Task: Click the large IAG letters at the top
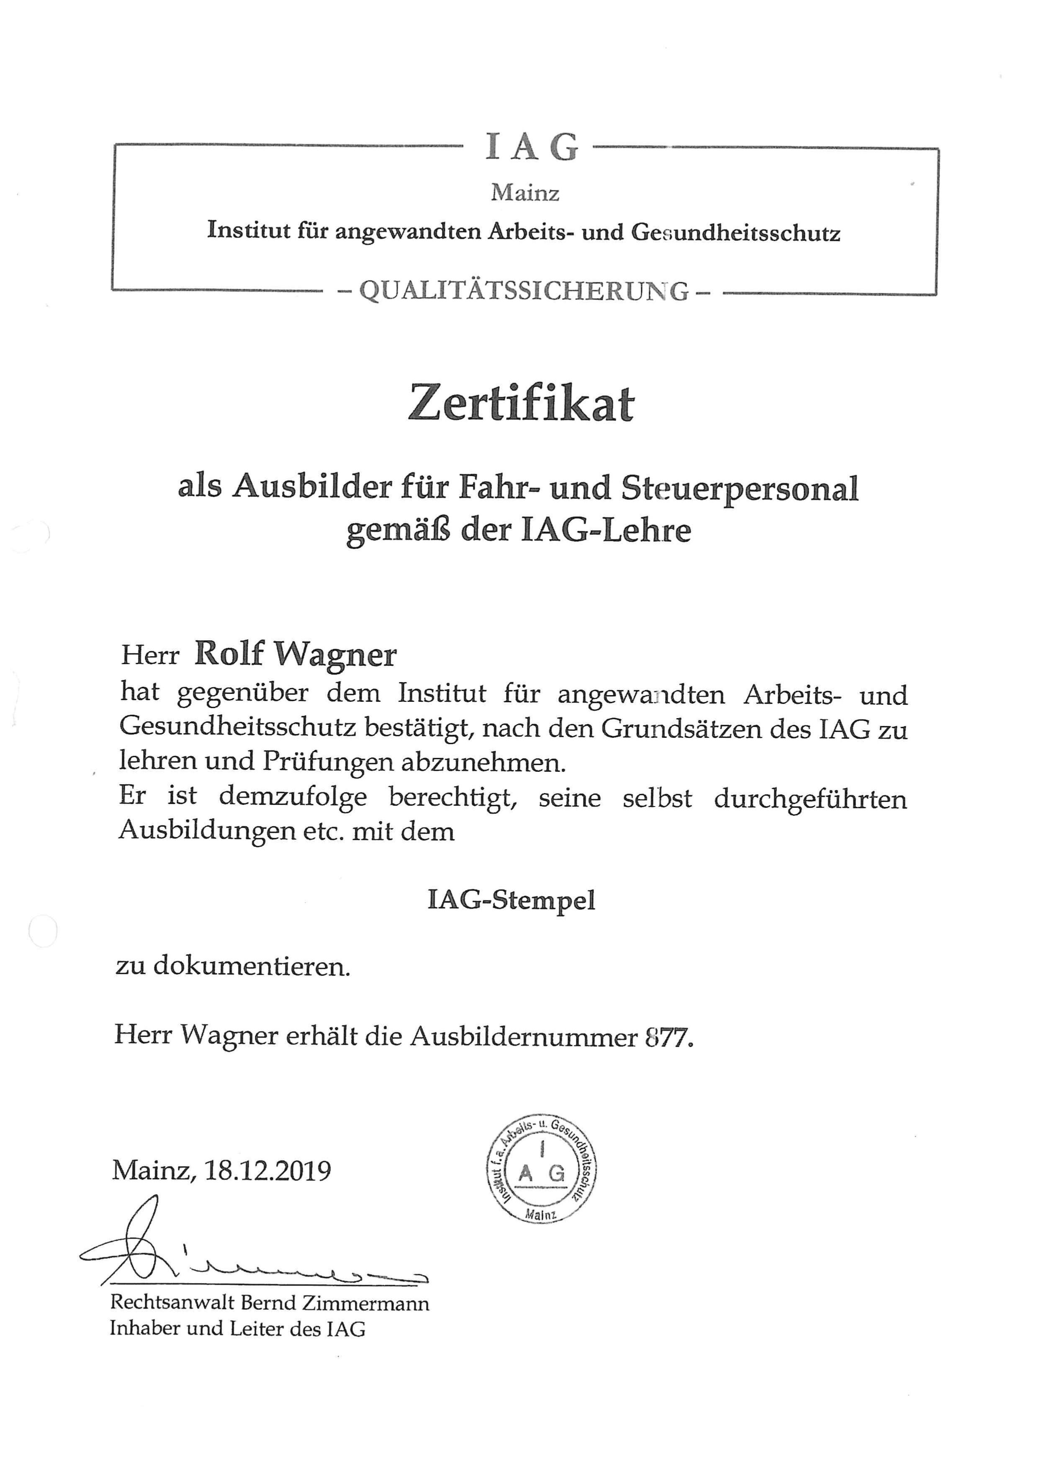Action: click(532, 147)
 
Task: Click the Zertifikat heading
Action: click(521, 404)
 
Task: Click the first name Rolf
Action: click(229, 653)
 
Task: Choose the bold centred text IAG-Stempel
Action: click(511, 900)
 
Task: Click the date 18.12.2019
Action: click(267, 1170)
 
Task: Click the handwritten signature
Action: click(243, 1252)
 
